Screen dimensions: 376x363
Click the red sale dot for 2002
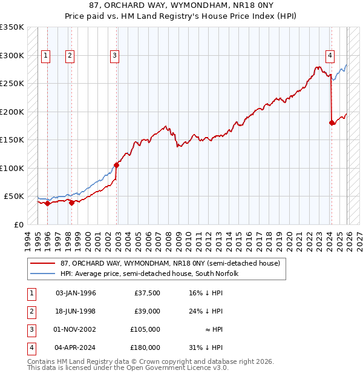click(117, 164)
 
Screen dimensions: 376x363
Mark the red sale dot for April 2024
click(332, 123)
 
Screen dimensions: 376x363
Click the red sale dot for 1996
click(48, 203)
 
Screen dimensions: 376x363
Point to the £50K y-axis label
click(15, 196)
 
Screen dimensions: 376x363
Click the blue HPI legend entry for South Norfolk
click(149, 274)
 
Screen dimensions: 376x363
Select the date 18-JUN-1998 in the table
click(76, 311)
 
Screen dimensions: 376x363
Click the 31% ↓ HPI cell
click(206, 347)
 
